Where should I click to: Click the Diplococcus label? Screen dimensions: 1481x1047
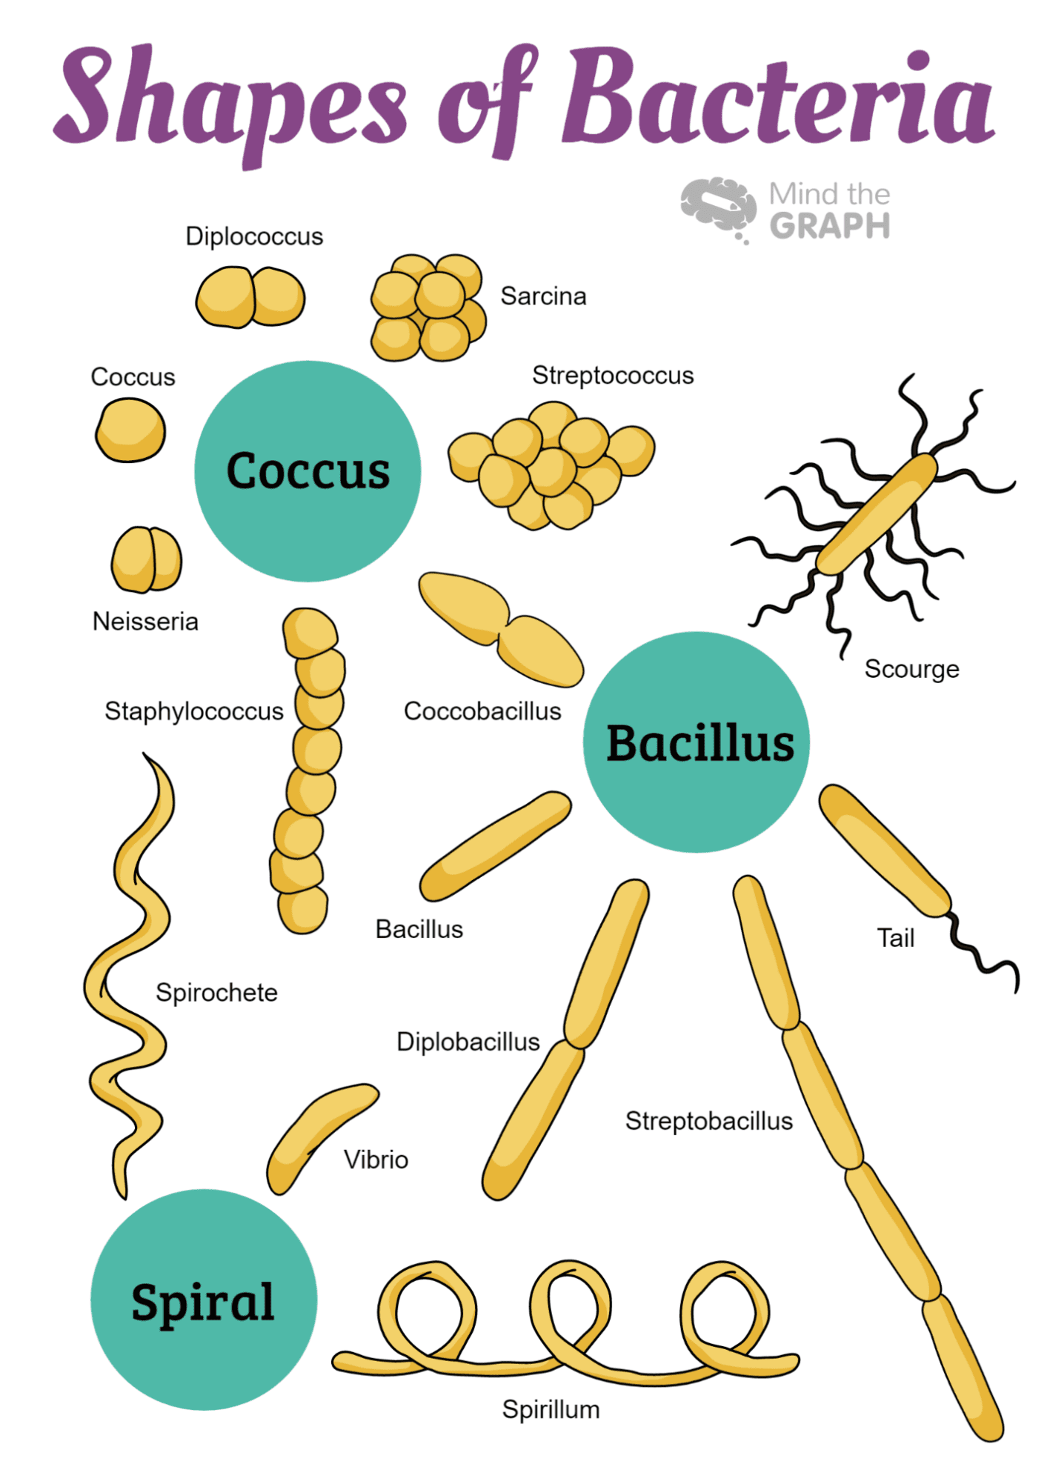[254, 236]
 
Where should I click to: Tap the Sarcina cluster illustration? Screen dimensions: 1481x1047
[428, 307]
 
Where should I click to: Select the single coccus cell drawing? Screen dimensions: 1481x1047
[130, 430]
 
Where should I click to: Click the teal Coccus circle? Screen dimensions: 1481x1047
[308, 471]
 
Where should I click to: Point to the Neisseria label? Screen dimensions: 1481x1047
[145, 622]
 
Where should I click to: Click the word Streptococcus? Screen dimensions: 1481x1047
[613, 376]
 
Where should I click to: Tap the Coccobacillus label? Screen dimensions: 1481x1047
[482, 711]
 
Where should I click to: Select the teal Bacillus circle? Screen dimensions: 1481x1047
[697, 742]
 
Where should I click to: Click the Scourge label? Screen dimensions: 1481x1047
[911, 669]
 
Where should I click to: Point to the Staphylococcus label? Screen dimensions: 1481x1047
[193, 711]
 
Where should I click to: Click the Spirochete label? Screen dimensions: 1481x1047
[216, 993]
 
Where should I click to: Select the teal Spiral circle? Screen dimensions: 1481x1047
[204, 1300]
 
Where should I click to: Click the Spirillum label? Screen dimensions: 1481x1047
[551, 1409]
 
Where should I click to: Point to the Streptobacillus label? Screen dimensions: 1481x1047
[708, 1121]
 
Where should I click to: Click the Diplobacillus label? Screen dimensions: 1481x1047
[468, 1042]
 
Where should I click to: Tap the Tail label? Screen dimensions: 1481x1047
[896, 938]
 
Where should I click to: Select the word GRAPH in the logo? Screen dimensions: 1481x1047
[830, 226]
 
